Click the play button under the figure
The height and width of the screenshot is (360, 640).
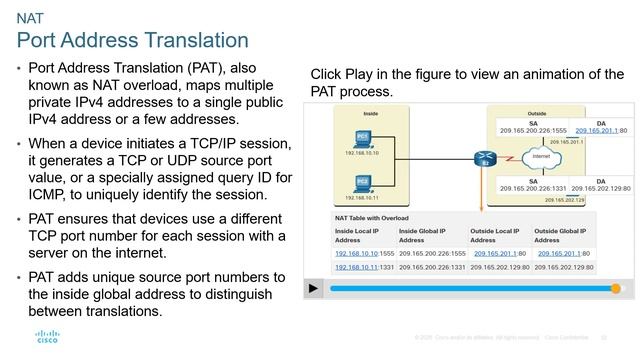[314, 288]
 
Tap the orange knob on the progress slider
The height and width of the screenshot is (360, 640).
[616, 288]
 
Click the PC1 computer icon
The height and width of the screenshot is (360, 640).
[363, 138]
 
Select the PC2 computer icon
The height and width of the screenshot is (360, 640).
[363, 182]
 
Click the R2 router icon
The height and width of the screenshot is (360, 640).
[485, 158]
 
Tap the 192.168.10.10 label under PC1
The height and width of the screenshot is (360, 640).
[363, 154]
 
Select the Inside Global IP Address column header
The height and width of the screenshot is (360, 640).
[423, 235]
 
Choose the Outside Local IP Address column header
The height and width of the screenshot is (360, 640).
[495, 235]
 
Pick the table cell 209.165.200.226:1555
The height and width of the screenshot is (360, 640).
[432, 253]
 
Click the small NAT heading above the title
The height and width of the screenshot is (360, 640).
[30, 18]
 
